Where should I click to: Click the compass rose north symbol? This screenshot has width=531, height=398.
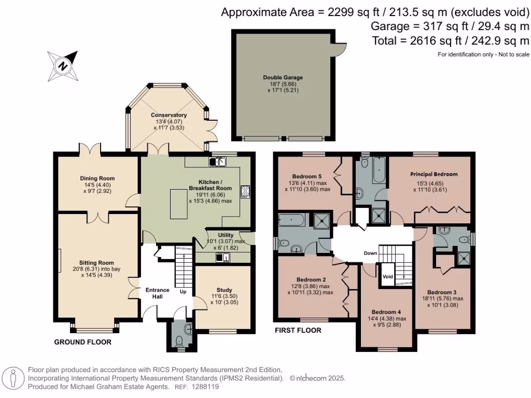63,66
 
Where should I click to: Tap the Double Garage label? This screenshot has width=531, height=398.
283,78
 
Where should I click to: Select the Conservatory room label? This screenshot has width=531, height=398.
169,115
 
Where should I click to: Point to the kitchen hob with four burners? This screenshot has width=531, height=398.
245,192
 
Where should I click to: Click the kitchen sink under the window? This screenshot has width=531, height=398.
218,162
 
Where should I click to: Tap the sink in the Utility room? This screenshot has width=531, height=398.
223,258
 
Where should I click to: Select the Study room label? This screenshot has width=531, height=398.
224,290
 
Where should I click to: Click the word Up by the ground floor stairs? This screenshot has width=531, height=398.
183,292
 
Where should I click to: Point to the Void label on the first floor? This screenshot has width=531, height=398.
388,277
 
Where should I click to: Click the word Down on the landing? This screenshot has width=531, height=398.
370,253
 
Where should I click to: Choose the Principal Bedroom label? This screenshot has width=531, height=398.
434,174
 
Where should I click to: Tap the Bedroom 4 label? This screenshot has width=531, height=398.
386,312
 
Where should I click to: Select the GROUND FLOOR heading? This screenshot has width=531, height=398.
82,342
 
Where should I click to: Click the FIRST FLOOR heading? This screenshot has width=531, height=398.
298,330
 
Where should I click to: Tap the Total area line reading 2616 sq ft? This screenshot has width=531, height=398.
451,41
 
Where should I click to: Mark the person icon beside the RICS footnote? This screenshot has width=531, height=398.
13,378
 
